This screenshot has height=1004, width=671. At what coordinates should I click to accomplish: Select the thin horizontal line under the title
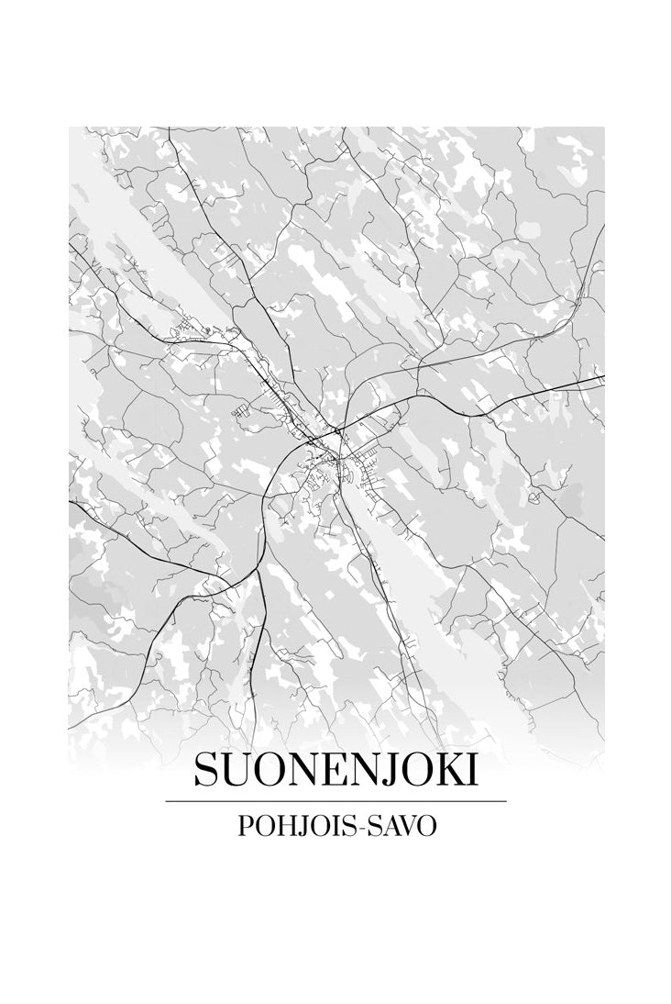point(335,801)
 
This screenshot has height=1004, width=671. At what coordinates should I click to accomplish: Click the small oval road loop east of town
point(533,497)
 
